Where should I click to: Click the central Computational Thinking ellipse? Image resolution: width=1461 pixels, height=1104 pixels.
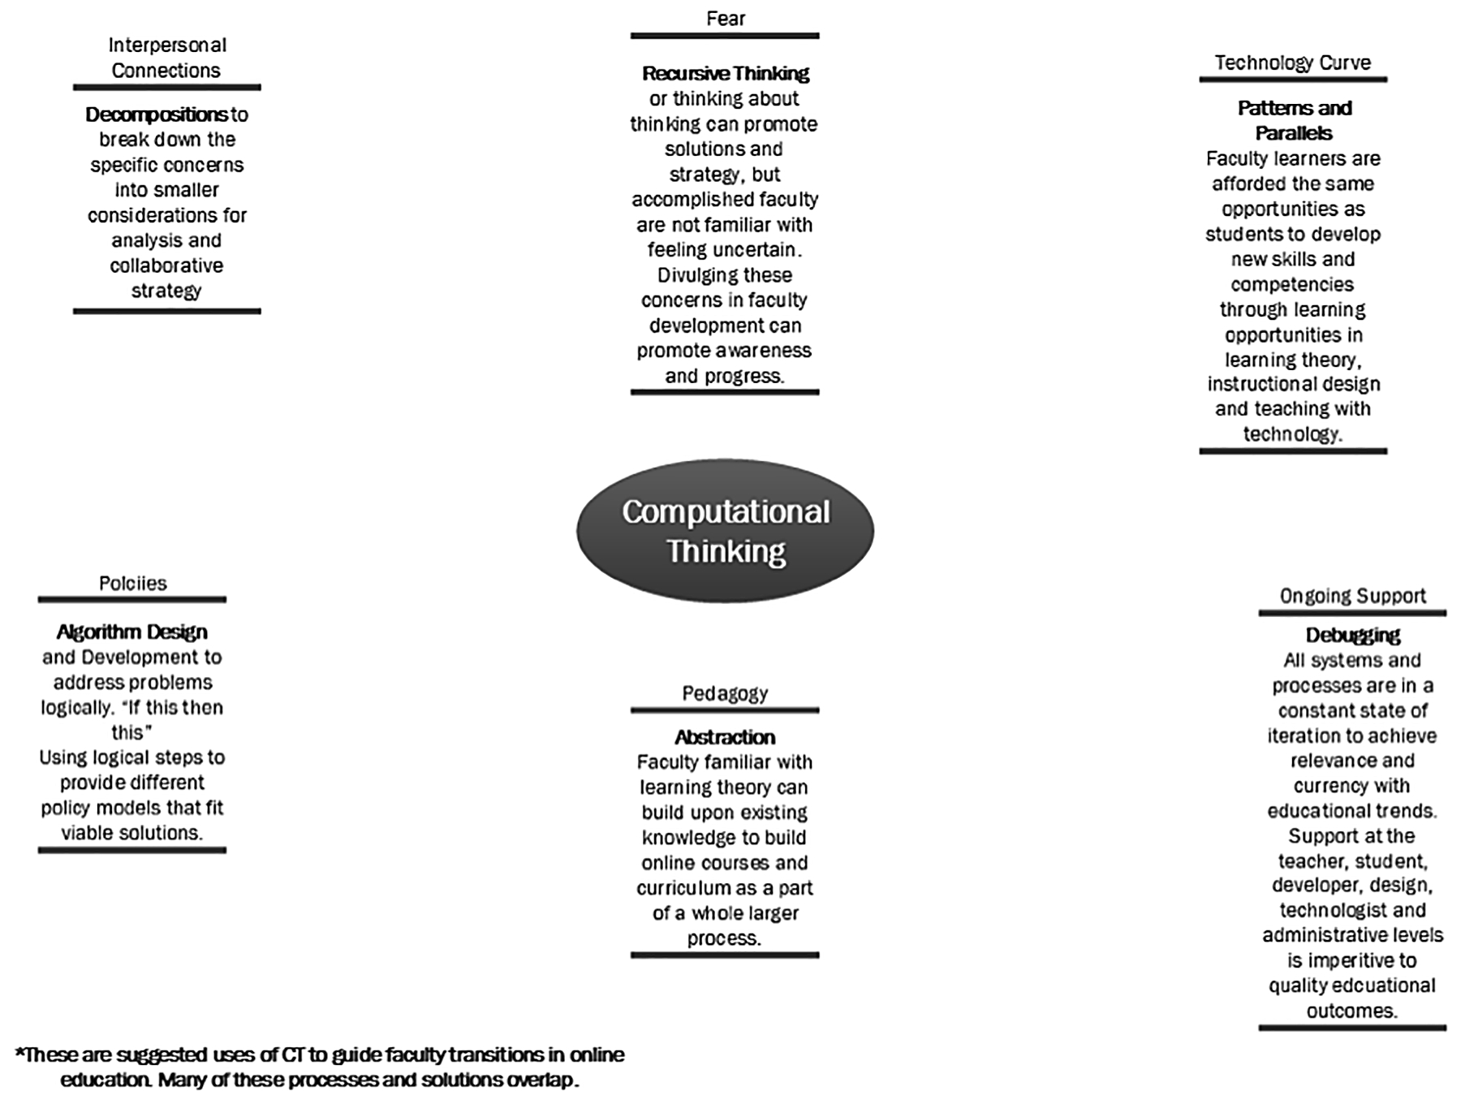click(725, 531)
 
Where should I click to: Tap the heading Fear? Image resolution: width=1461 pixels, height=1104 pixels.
click(725, 19)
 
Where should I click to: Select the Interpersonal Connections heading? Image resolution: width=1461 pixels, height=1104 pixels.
click(166, 58)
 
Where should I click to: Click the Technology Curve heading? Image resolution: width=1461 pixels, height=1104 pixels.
click(1292, 63)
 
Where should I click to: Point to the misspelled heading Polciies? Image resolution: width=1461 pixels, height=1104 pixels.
click(132, 583)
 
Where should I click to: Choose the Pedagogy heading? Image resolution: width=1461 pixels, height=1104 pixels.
click(725, 693)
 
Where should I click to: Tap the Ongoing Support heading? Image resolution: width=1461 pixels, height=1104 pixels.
click(1352, 596)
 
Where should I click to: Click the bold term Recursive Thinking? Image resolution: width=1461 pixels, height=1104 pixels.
click(725, 74)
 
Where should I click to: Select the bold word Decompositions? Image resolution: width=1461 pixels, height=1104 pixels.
click(156, 114)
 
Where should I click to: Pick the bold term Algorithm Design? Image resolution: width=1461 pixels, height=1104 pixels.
click(131, 632)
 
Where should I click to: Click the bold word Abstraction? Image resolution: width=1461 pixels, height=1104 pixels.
click(725, 737)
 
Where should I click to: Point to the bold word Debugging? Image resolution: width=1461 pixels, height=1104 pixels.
click(1352, 635)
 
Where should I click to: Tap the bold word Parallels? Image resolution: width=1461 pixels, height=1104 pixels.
click(1294, 133)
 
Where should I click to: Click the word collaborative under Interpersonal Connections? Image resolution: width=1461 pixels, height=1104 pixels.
click(166, 265)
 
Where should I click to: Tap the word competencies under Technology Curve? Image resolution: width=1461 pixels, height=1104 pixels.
click(1292, 284)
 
